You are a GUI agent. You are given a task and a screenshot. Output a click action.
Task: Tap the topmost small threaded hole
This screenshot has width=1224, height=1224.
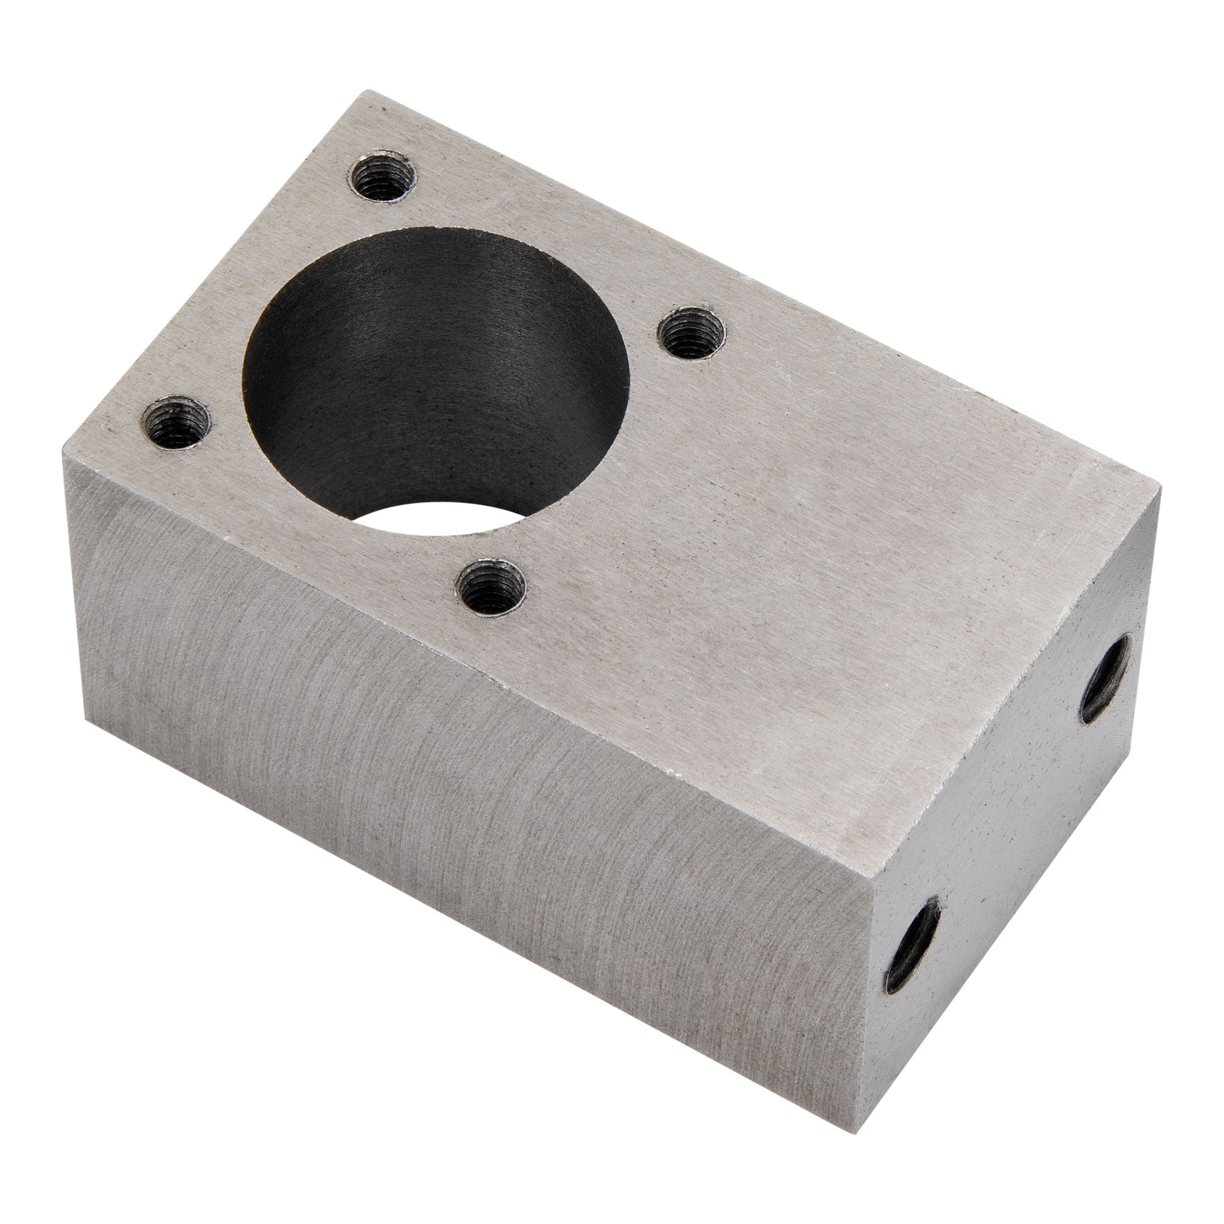(382, 175)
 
